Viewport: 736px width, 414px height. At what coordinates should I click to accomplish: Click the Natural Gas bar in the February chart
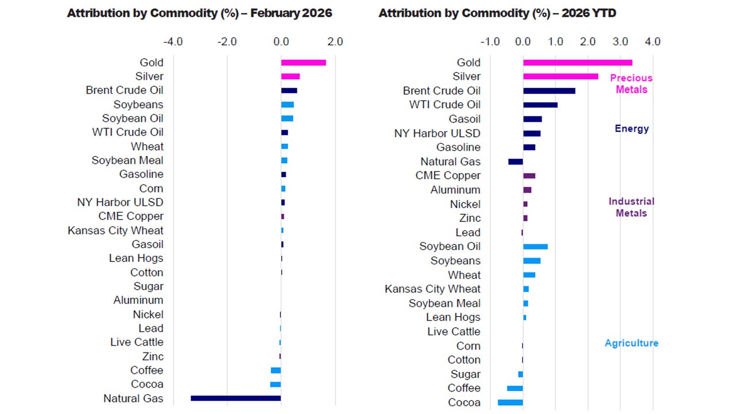pos(236,398)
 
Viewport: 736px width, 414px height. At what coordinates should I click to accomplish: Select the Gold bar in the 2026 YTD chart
pos(577,63)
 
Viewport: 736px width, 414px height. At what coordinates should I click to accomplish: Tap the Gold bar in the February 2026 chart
pos(304,63)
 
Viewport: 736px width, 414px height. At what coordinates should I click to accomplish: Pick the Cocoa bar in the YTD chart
pos(510,402)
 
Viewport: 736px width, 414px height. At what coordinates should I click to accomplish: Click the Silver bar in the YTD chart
pos(561,76)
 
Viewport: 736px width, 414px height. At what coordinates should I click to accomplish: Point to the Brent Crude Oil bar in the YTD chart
pos(549,91)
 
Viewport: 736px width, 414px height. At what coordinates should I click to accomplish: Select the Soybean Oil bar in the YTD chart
pos(535,247)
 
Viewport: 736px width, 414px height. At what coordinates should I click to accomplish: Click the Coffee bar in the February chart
pos(276,370)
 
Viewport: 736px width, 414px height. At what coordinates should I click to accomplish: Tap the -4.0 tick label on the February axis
pos(173,42)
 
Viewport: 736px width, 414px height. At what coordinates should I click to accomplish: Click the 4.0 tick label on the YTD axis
pos(653,42)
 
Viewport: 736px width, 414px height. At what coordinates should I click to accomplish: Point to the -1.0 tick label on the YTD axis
pos(490,42)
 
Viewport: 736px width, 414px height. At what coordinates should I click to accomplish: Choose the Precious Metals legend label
pos(631,84)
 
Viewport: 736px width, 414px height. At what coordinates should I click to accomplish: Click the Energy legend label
pos(631,129)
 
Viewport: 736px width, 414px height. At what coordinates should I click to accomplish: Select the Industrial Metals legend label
pos(631,208)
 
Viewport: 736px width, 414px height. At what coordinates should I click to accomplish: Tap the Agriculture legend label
pos(631,343)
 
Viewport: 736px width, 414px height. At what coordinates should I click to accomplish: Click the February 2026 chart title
pos(200,13)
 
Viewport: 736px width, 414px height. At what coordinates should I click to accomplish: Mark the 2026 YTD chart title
pos(497,13)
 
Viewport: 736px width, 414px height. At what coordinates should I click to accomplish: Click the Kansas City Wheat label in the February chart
pos(115,231)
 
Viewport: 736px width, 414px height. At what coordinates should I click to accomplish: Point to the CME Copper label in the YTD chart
pos(448,176)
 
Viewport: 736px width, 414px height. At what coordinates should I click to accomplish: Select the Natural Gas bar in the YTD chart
pos(516,162)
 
